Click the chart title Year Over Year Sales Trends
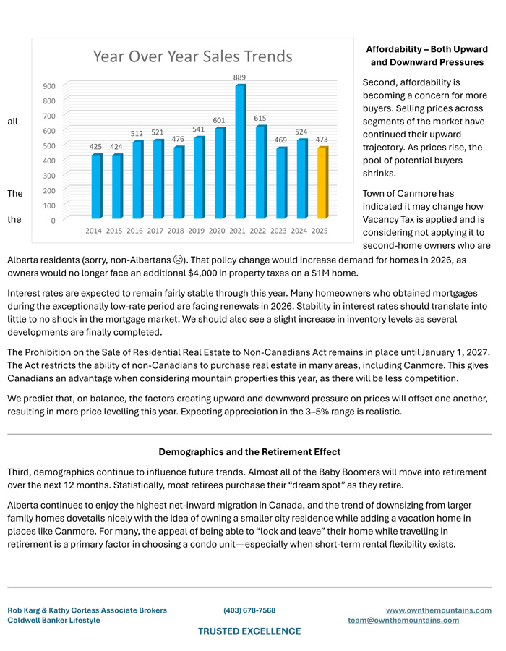pos(193,56)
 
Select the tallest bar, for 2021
pos(239,151)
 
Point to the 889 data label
pos(239,77)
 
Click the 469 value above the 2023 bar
pos(280,140)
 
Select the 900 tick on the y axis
pos(49,86)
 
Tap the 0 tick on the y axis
pos(54,221)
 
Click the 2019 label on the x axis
pos(197,231)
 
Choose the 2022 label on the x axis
pos(260,231)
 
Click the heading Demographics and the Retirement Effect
pos(249,452)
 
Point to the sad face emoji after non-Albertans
pos(177,259)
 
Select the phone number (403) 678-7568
pos(249,610)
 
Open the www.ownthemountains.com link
pos(438,610)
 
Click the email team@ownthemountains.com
pos(403,621)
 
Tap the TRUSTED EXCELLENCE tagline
pos(249,631)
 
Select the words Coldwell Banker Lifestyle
pos(54,621)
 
